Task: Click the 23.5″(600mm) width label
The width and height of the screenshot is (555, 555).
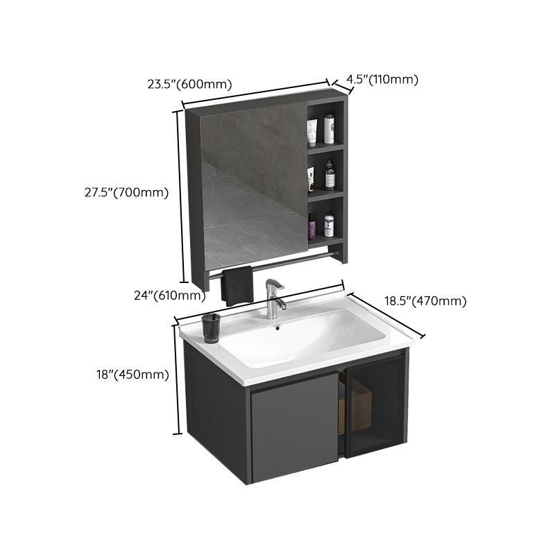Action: pos(189,85)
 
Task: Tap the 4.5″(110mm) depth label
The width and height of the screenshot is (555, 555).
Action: pos(382,79)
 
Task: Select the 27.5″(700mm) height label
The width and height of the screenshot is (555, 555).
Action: pos(122,194)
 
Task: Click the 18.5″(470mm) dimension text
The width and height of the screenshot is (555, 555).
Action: pos(425,300)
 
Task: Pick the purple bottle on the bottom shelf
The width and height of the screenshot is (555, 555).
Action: pos(312,226)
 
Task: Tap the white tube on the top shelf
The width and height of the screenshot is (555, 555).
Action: pos(312,130)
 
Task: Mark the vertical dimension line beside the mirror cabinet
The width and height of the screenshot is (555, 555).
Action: pos(183,194)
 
